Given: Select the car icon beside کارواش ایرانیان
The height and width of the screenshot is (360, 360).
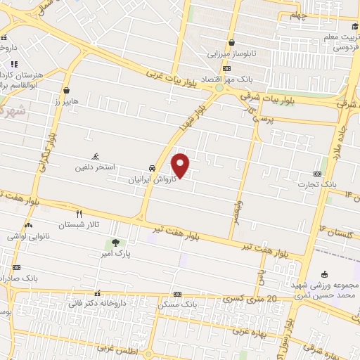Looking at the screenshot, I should coord(153,169).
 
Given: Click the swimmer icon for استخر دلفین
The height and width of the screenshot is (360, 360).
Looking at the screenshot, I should coord(96,157).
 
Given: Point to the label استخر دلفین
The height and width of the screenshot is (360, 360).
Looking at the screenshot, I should coord(96,169).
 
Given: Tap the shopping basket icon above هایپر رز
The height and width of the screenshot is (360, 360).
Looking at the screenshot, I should coord(66,91).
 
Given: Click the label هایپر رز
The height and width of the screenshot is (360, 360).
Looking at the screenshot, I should coord(67,103).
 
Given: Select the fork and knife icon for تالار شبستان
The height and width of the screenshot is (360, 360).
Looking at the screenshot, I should coord(79,214).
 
